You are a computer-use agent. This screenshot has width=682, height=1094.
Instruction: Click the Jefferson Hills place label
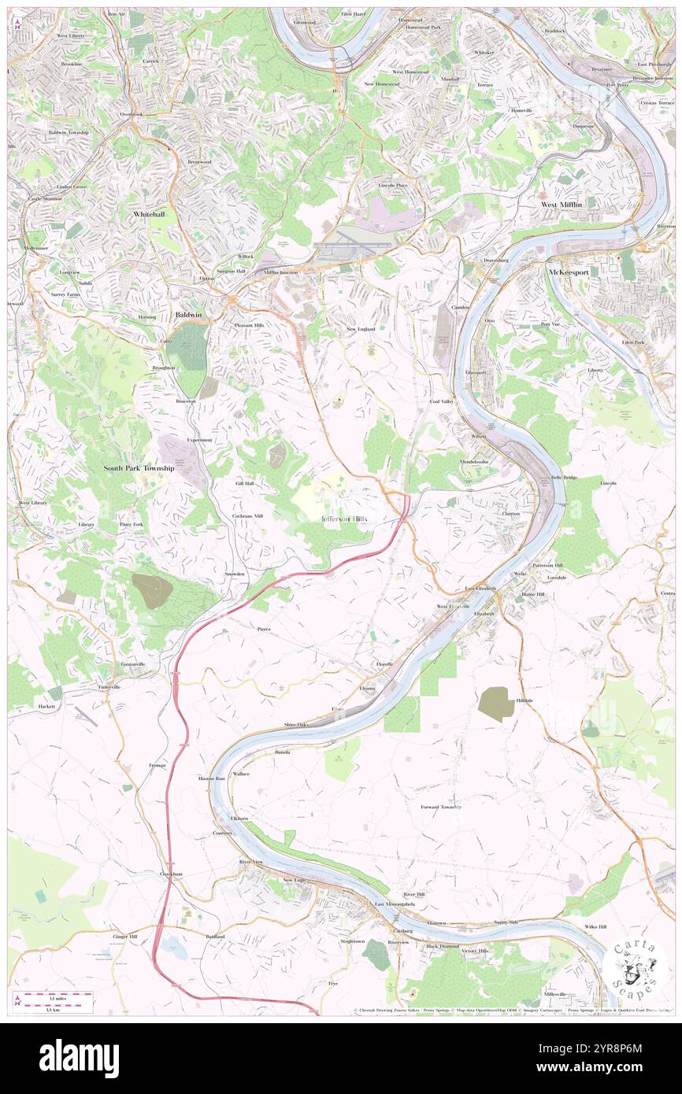pos(344,519)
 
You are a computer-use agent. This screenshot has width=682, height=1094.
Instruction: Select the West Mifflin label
pos(560,205)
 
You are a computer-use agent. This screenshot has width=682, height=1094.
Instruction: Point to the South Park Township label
pos(139,468)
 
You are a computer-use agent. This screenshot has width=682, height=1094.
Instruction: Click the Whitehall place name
pos(149,214)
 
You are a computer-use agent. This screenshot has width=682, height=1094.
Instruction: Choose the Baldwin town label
pos(187,315)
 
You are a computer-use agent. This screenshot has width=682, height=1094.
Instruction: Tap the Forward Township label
pos(441,807)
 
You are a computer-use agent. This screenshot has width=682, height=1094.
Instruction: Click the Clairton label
pos(511,513)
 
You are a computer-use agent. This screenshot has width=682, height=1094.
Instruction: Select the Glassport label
pos(476,372)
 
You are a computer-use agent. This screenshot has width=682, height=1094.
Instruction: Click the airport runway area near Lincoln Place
pos(352,246)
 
